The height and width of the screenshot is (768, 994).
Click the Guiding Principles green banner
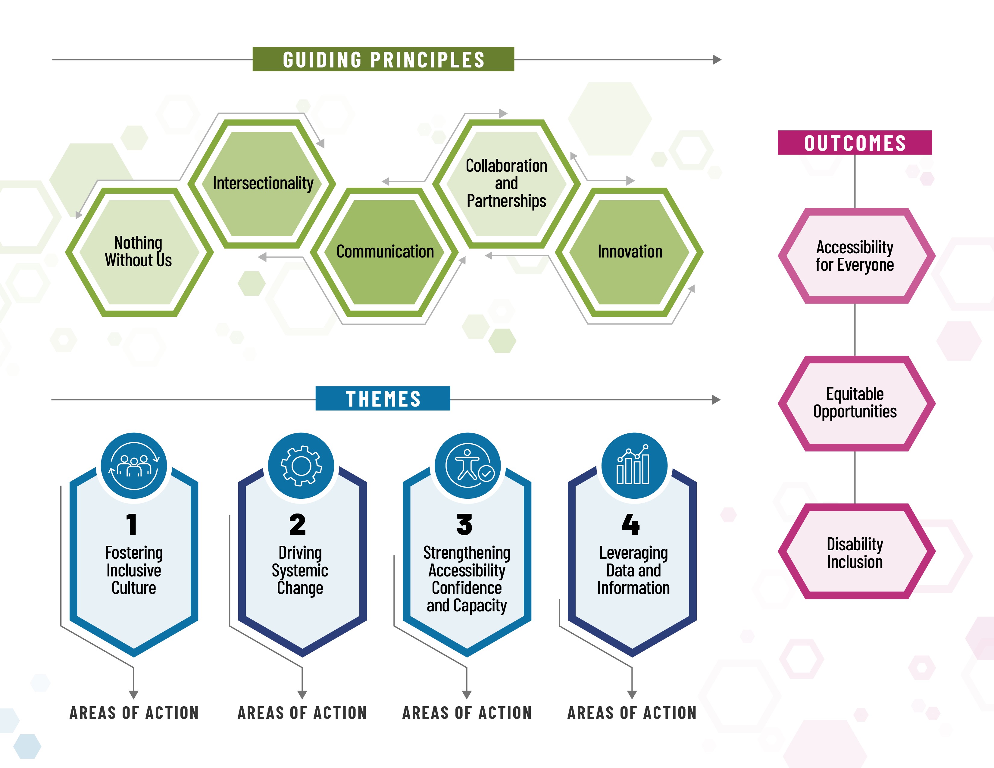click(383, 59)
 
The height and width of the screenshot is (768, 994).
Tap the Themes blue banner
click(383, 398)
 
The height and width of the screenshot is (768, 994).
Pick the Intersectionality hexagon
click(263, 183)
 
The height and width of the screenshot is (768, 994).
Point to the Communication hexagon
click(385, 251)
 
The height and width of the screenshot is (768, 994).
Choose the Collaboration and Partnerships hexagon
click(506, 183)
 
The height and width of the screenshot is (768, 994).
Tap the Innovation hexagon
click(630, 251)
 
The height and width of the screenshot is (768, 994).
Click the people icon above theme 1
click(134, 465)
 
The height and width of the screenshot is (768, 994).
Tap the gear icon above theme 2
click(301, 465)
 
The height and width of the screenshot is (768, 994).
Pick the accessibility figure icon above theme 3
click(468, 465)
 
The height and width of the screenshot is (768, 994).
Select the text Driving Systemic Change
click(300, 570)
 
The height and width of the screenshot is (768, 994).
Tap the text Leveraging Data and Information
click(633, 570)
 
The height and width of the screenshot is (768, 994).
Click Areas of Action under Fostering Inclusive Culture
click(134, 713)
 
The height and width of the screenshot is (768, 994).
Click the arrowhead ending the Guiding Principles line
click(717, 60)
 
